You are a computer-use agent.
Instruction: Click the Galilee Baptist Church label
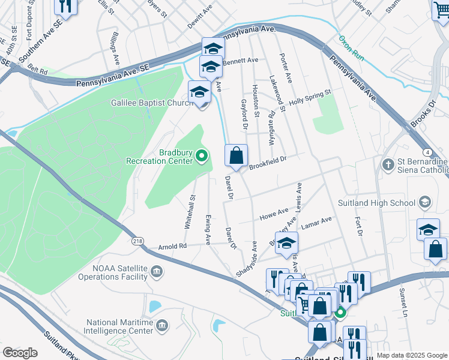tap(151, 103)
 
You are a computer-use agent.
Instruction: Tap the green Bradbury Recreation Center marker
tap(202, 157)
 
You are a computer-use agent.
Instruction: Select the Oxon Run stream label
tap(351, 46)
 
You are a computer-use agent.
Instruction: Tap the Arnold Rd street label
tap(173, 246)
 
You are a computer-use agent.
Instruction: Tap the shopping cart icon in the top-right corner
tap(441, 8)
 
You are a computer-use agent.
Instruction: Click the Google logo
tap(20, 353)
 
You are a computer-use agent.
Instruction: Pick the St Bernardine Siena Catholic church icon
tap(388, 163)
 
